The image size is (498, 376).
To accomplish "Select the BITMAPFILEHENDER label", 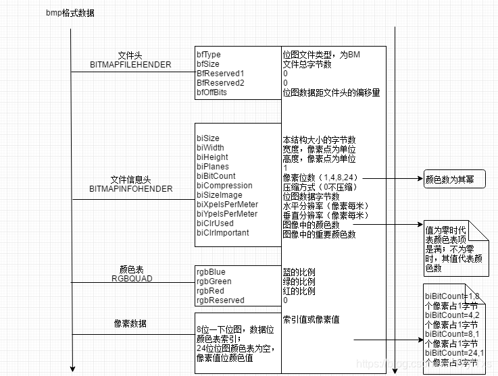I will (130, 65).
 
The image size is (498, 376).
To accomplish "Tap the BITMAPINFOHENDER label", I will (130, 190).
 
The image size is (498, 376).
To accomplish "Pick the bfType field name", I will (209, 55).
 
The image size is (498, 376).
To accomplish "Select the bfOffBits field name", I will (212, 92).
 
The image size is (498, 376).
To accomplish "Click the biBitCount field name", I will (216, 176).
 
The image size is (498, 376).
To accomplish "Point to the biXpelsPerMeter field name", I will (227, 205).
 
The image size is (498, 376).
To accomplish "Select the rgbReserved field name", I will (220, 300).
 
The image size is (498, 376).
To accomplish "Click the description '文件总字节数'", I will (307, 64).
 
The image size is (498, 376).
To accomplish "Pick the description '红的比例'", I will (299, 291).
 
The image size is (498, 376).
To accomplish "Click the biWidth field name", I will (211, 148).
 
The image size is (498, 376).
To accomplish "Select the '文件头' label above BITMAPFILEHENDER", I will (130, 55).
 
